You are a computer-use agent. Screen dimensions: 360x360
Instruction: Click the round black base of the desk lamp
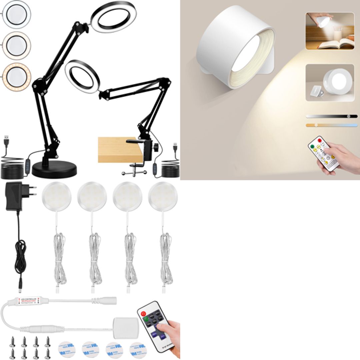54,169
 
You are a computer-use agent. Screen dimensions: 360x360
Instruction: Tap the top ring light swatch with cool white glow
16,14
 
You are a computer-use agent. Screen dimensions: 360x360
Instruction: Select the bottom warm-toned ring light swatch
16,76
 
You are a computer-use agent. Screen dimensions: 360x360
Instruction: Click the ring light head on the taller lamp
113,17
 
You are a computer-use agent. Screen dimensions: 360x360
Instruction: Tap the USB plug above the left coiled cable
7,142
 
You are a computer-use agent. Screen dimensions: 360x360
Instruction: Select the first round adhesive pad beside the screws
67,349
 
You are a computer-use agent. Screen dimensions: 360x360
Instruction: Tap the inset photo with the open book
330,31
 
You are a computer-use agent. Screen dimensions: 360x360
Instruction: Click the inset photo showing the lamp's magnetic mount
330,83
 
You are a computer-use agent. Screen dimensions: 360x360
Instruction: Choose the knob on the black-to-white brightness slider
349,116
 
